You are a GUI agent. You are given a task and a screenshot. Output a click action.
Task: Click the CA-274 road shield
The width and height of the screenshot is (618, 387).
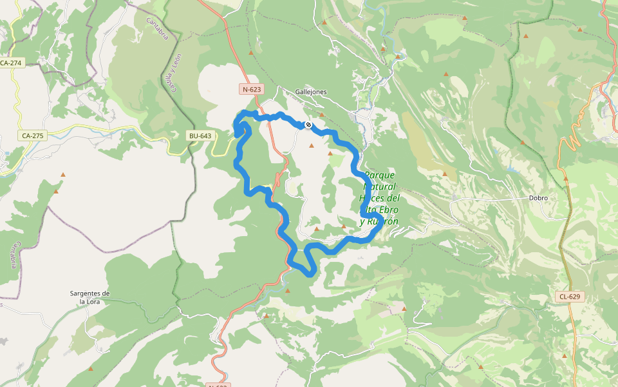11,63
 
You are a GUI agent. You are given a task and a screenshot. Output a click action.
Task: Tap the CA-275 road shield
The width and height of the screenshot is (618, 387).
32,135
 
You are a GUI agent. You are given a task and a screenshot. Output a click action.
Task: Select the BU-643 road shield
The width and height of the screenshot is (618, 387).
200,135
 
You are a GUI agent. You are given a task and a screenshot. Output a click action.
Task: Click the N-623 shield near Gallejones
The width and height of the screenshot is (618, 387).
252,89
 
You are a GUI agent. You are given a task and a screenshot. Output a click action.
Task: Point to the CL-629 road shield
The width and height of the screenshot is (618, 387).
569,297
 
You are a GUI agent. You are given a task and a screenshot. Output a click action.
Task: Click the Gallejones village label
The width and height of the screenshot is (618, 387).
311,92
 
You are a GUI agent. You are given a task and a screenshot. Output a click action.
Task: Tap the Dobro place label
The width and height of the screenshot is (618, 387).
538,198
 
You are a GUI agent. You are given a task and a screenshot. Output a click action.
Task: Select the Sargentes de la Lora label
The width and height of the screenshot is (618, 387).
89,297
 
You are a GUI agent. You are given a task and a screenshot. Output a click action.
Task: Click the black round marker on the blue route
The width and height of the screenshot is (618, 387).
308,125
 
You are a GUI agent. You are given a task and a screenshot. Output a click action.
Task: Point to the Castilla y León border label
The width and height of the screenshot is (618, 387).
175,72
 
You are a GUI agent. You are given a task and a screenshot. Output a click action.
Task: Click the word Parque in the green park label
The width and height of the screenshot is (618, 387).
379,175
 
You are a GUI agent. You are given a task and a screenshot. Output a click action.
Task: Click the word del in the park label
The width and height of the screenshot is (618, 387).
393,198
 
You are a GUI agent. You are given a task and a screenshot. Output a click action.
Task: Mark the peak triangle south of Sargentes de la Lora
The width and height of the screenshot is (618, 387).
90,369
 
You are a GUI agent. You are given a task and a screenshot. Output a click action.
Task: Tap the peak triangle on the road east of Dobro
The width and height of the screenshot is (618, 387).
566,178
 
